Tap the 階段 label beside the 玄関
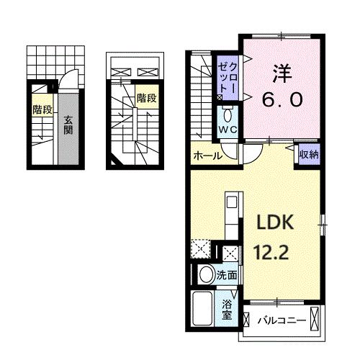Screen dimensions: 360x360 tap(42, 109)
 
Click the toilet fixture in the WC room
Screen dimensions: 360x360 tap(228, 114)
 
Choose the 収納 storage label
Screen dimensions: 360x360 tap(309, 153)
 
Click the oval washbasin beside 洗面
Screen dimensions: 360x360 tap(205, 274)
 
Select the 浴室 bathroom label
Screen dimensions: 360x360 tap(228, 310)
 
